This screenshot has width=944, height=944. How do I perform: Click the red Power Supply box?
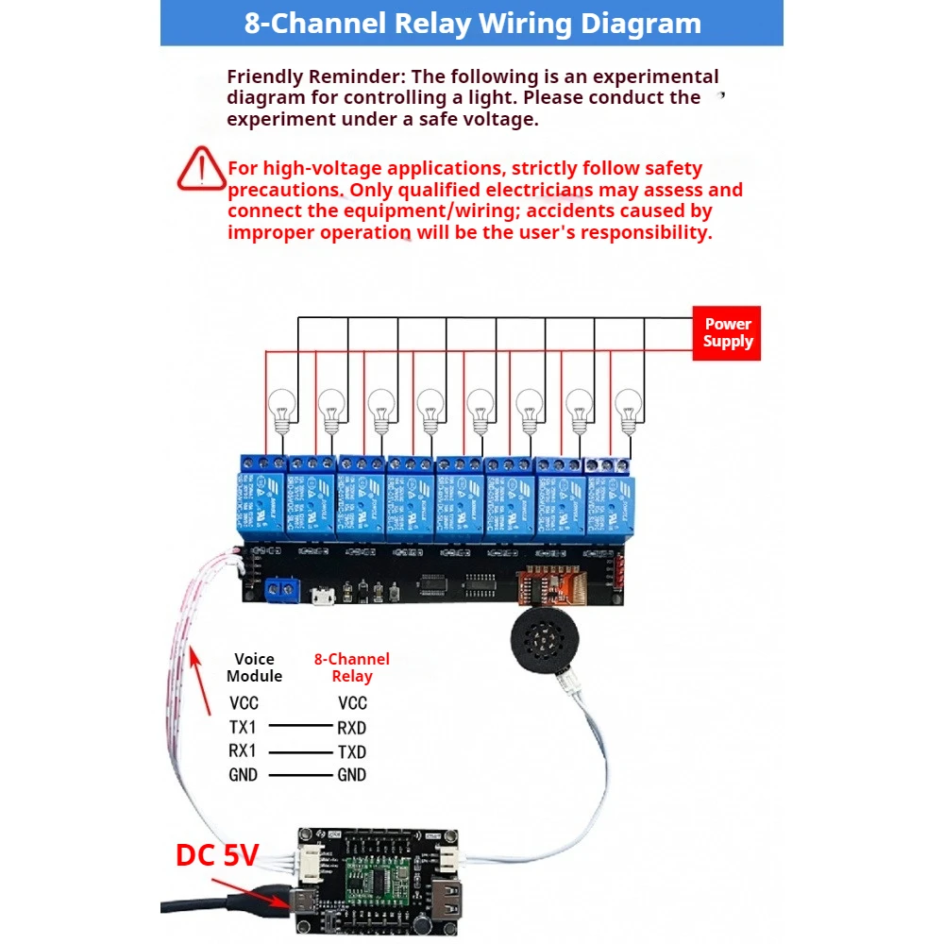coord(727,333)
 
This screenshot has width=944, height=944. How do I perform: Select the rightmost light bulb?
coord(627,409)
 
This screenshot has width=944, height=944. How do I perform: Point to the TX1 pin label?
coord(244,728)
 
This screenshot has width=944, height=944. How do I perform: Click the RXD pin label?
coord(351,728)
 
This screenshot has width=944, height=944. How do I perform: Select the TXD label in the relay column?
coord(351,752)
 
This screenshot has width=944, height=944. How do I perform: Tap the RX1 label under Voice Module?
coord(244,751)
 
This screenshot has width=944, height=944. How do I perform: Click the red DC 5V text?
coord(217,855)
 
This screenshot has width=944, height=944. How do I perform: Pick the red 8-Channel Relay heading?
coord(351,667)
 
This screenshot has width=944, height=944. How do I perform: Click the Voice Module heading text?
coord(254,667)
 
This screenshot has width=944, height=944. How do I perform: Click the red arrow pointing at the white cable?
coord(199,678)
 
